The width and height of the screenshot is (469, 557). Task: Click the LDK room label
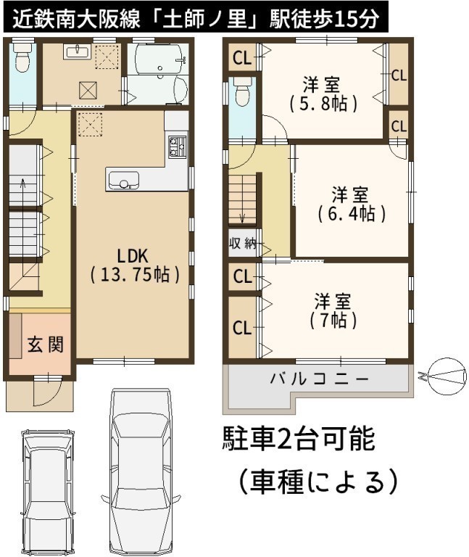133,255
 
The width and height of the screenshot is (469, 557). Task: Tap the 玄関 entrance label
46,344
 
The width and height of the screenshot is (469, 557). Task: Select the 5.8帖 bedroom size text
323,104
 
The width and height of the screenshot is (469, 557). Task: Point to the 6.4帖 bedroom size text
352,214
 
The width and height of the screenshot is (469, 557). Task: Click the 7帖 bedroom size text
333,320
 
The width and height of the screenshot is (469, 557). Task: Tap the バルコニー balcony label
319,379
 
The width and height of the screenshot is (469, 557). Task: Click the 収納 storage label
243,244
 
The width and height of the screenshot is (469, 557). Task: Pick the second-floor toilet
243,91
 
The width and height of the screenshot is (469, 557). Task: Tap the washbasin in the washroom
78,52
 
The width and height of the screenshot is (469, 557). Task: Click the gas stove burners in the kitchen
177,146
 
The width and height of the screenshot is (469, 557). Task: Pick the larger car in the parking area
141,471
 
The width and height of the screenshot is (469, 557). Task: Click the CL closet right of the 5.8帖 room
399,75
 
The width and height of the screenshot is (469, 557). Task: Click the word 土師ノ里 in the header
207,18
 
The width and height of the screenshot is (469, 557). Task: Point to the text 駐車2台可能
299,439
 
